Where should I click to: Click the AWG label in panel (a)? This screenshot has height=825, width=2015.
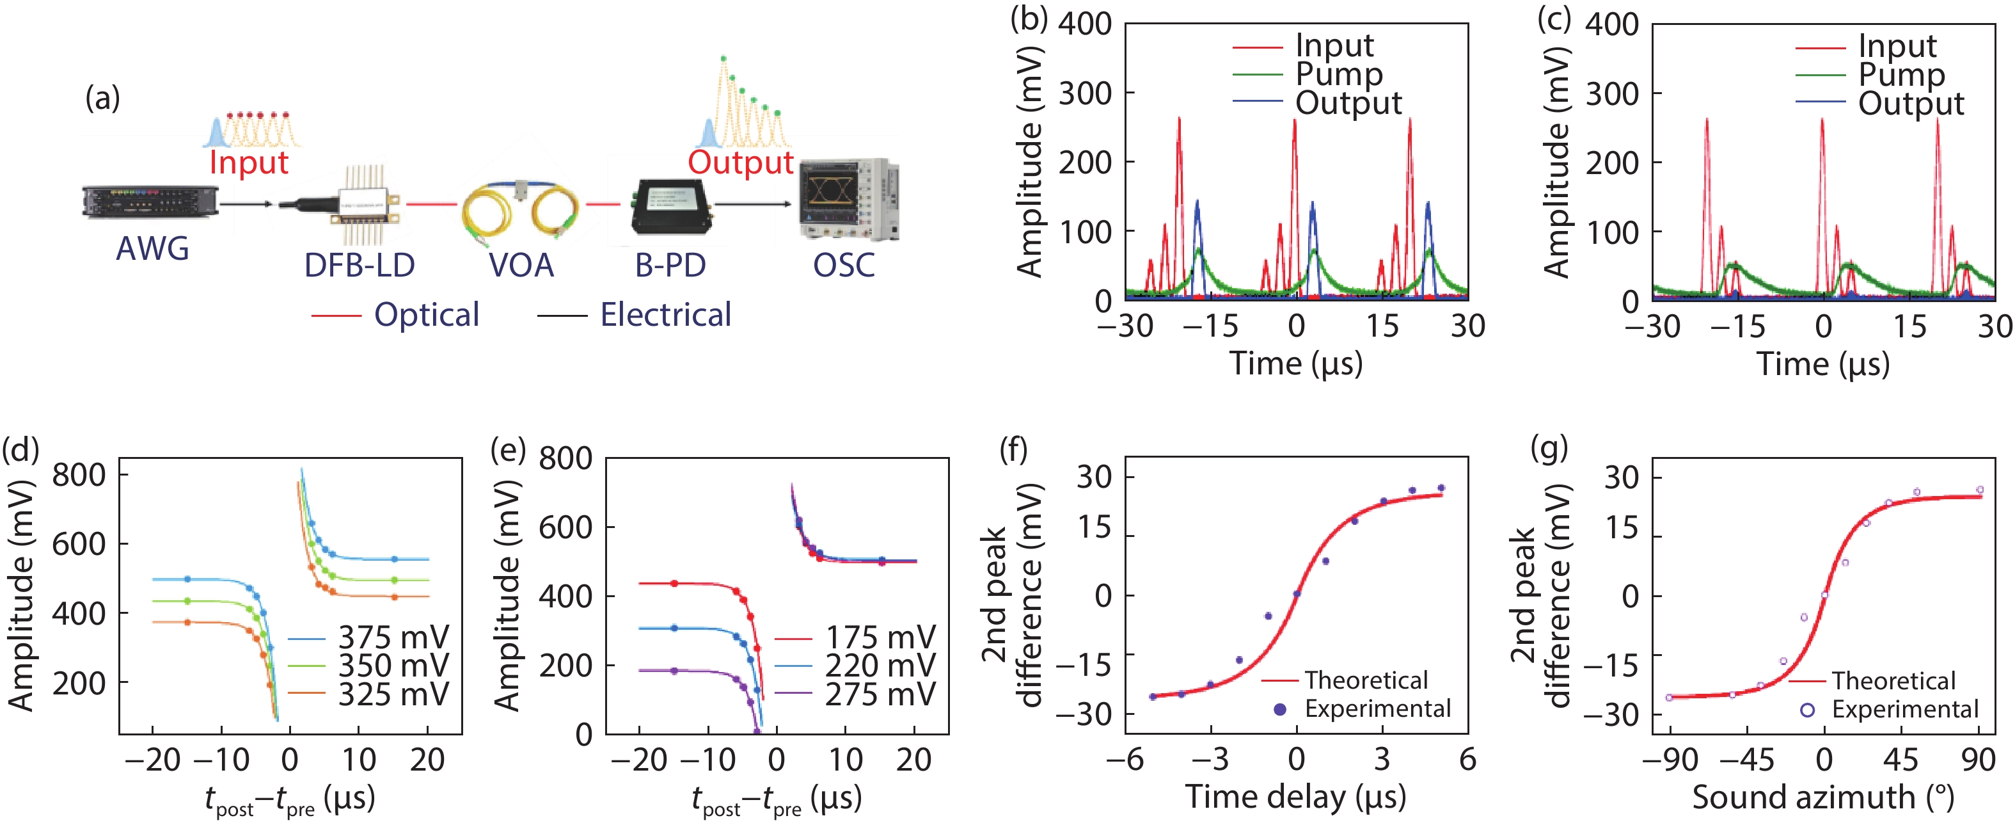[x=152, y=249]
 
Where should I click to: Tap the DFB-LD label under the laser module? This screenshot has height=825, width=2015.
[x=359, y=266]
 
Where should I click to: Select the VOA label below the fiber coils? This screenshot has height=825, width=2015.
[x=521, y=266]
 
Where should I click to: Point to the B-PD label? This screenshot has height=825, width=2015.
[x=670, y=266]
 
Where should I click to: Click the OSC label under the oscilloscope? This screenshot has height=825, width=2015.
[x=844, y=266]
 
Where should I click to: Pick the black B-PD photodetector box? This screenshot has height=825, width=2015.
[x=672, y=206]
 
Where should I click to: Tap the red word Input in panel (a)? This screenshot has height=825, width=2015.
[x=249, y=163]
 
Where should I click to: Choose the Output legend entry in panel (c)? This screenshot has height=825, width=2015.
[x=1911, y=103]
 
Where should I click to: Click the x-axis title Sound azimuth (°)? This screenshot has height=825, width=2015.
[x=1822, y=798]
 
